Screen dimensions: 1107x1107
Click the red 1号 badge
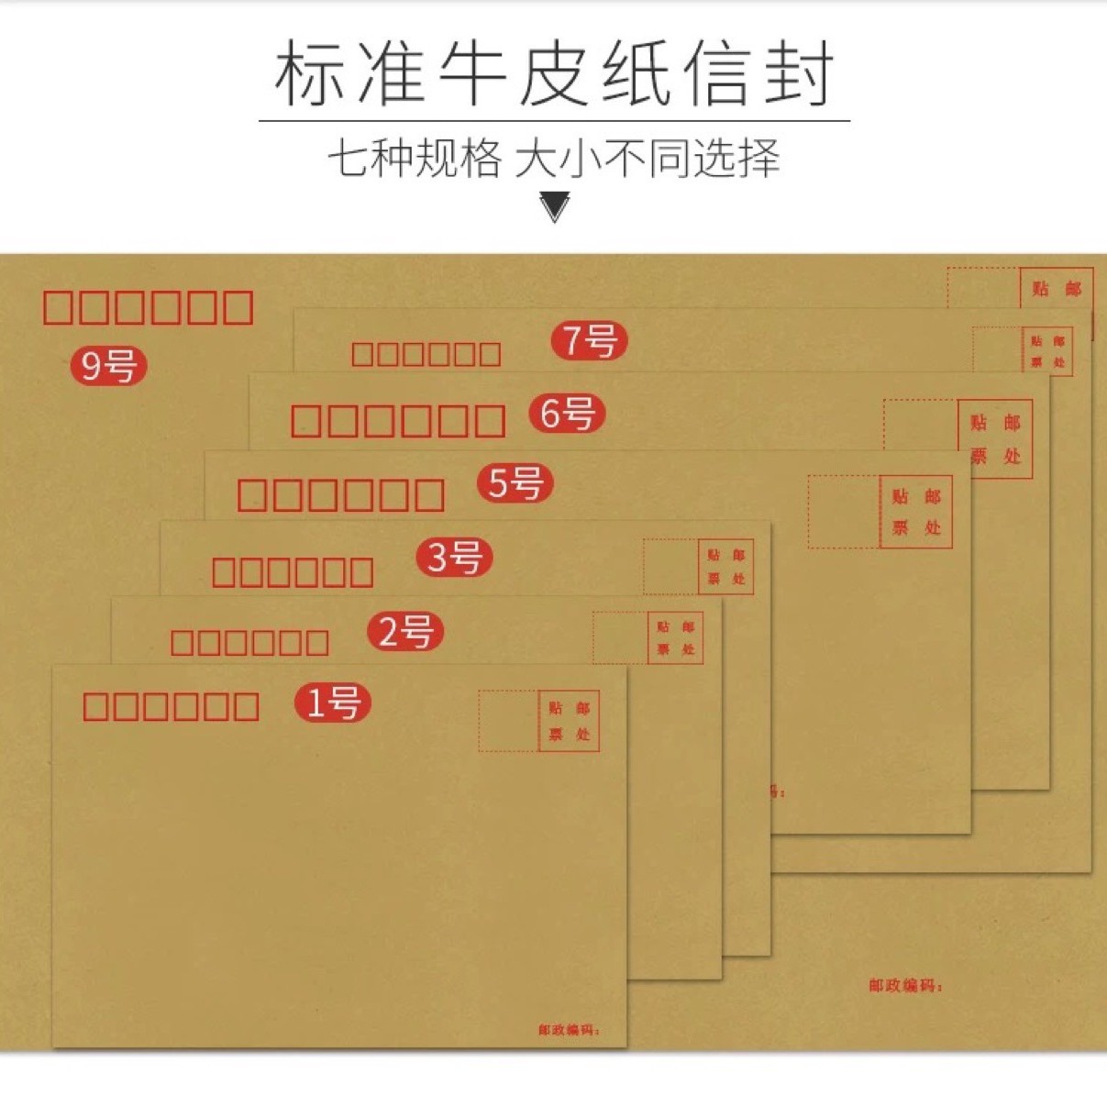(332, 703)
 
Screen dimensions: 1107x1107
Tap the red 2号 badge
(405, 632)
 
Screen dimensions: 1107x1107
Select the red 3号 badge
(455, 557)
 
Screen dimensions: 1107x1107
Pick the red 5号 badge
(515, 482)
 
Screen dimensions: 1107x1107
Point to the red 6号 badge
(567, 413)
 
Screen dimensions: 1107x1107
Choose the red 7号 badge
(589, 340)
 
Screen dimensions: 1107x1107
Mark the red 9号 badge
(108, 366)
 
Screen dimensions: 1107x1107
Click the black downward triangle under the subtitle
(555, 206)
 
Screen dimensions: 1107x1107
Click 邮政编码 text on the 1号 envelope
(569, 1030)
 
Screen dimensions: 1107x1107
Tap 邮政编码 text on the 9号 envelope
(905, 986)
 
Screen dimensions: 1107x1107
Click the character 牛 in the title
(471, 73)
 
